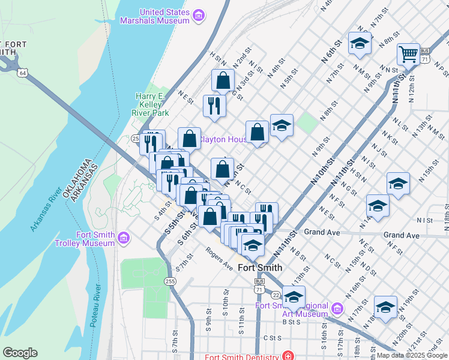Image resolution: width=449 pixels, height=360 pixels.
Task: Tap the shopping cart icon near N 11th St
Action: tap(408, 54)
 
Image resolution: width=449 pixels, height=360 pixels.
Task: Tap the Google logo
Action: tap(20, 353)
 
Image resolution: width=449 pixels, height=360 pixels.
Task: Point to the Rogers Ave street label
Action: tap(219, 258)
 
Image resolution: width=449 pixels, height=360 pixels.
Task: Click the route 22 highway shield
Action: tap(276, 295)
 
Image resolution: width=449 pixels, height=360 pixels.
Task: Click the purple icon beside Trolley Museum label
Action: tap(124, 239)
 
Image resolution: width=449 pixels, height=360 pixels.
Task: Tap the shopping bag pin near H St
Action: tap(223, 80)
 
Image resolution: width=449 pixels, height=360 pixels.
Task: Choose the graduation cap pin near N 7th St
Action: tap(359, 43)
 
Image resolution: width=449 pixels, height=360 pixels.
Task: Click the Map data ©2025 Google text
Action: tap(411, 355)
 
